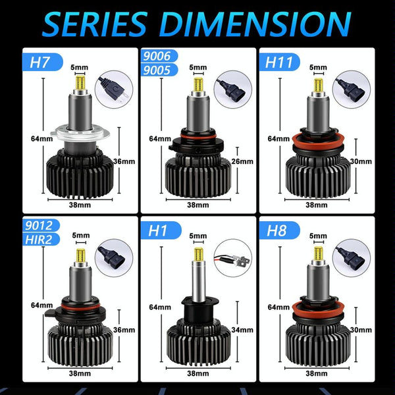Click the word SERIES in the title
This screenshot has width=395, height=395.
(95, 24)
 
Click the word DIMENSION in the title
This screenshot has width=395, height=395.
(255, 24)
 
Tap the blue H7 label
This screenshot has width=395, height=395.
(42, 62)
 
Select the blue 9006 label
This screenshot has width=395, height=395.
(159, 56)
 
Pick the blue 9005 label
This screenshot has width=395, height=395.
(159, 70)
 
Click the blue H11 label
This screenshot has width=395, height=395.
(280, 62)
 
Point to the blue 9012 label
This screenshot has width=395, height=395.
(41, 225)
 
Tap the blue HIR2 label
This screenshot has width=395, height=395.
(41, 240)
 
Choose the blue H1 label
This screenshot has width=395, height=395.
(161, 230)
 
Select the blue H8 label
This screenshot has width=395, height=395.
(279, 230)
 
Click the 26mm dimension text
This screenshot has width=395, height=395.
(242, 161)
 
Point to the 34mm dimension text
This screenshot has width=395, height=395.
(242, 330)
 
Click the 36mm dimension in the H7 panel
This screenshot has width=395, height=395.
(124, 161)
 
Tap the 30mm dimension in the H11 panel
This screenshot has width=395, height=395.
(361, 161)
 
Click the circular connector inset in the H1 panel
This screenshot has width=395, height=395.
(233, 258)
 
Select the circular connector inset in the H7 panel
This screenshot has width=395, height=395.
(114, 90)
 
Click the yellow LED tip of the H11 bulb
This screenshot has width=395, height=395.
(319, 85)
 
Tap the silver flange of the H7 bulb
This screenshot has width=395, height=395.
(80, 134)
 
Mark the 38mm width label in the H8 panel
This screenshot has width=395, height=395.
(317, 373)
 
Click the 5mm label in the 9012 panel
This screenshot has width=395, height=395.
(80, 235)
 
